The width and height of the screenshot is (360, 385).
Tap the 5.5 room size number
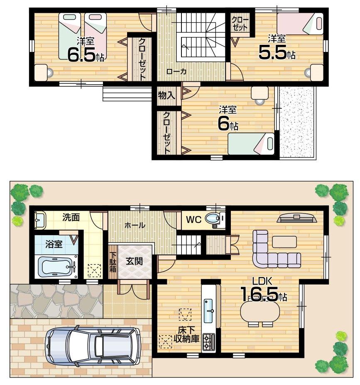point(272,51)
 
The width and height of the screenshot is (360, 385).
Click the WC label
point(193,219)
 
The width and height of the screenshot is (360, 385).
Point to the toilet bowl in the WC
point(214,218)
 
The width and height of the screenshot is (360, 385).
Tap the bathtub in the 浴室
point(57,266)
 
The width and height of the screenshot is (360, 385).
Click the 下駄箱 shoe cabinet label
point(113,262)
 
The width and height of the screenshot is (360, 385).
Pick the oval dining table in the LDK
point(260,311)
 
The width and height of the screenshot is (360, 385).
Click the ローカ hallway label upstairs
point(176,71)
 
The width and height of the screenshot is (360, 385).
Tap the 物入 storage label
point(167,95)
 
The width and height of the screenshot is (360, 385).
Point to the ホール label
point(135,225)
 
